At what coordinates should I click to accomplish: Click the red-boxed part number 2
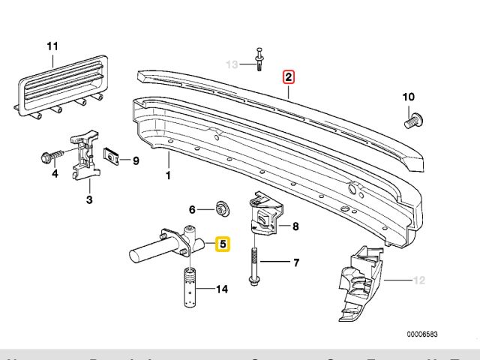point(289,76)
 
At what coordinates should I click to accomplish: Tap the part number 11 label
point(52,46)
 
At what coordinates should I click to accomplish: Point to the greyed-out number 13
point(233,64)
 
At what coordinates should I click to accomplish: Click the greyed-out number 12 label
point(418,280)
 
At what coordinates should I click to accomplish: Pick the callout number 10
point(408,97)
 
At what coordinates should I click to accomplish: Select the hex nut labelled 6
point(221,208)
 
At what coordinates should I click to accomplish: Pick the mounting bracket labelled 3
point(86,157)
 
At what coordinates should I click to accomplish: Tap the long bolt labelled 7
point(255,266)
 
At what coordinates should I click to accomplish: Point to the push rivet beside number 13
point(259,60)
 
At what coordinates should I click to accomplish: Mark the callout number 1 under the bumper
point(168,175)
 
